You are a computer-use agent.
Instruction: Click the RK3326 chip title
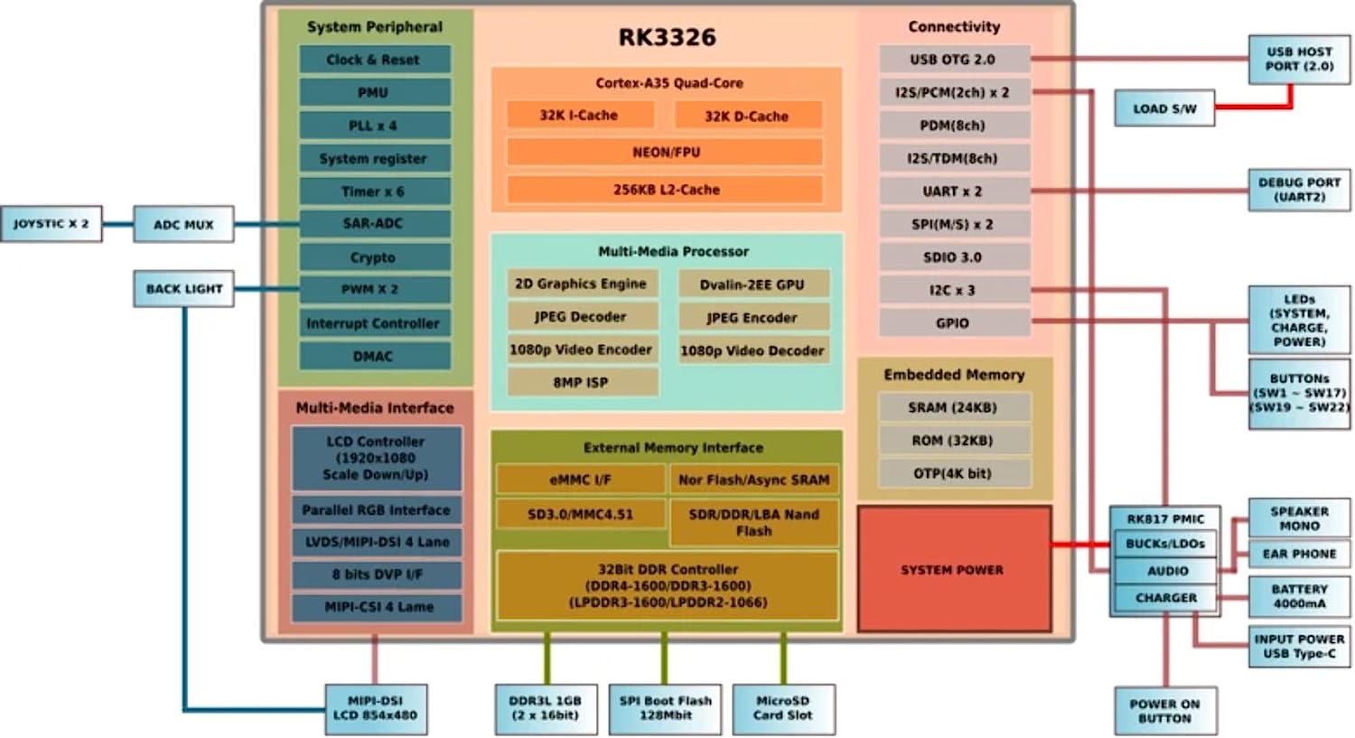(x=667, y=37)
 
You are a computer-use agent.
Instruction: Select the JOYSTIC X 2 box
(x=51, y=223)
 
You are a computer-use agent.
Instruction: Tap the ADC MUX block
(x=183, y=224)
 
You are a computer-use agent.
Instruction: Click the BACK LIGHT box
(x=183, y=289)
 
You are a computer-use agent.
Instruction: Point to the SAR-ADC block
(x=374, y=223)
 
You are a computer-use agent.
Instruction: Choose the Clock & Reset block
(x=374, y=60)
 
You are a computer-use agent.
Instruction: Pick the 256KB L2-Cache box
(x=666, y=190)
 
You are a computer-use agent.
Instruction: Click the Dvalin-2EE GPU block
(x=752, y=285)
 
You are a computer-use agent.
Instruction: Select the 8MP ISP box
(x=581, y=383)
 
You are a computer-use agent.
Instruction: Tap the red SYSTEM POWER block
(x=953, y=570)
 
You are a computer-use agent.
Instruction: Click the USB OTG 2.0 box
(x=953, y=60)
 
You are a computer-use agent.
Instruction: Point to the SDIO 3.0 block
(x=953, y=257)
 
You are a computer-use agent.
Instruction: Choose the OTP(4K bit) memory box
(x=953, y=473)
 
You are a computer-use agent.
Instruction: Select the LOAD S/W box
(x=1164, y=108)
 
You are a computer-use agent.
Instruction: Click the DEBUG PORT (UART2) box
(x=1299, y=190)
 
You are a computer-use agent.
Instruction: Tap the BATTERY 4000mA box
(x=1299, y=596)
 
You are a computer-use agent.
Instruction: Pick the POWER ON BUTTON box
(x=1164, y=711)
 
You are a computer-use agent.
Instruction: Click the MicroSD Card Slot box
(x=782, y=708)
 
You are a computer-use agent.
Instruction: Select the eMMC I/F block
(x=581, y=480)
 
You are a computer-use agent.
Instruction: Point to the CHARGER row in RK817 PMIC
(x=1166, y=598)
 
